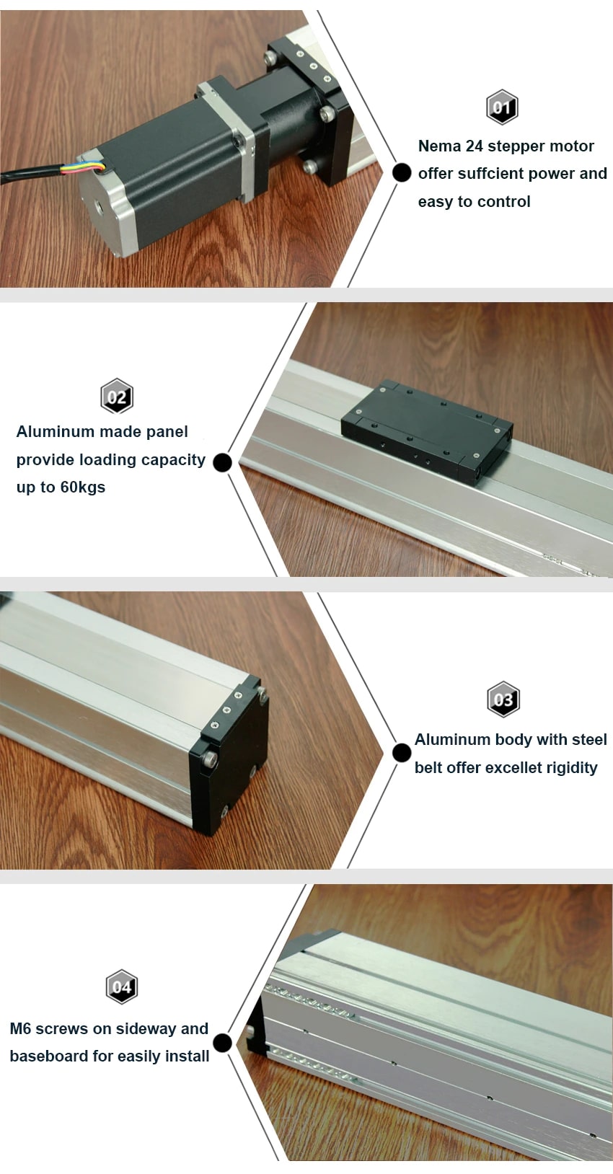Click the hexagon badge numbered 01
click(502, 108)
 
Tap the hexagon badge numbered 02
click(117, 396)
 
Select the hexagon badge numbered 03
click(503, 699)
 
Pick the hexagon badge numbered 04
click(122, 987)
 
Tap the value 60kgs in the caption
click(82, 487)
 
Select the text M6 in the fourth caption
click(20, 1029)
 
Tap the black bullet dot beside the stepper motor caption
click(402, 173)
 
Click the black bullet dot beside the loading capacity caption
click(223, 462)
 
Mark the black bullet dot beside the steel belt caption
click(402, 753)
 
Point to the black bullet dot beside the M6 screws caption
click(223, 1043)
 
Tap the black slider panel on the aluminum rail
click(426, 431)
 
